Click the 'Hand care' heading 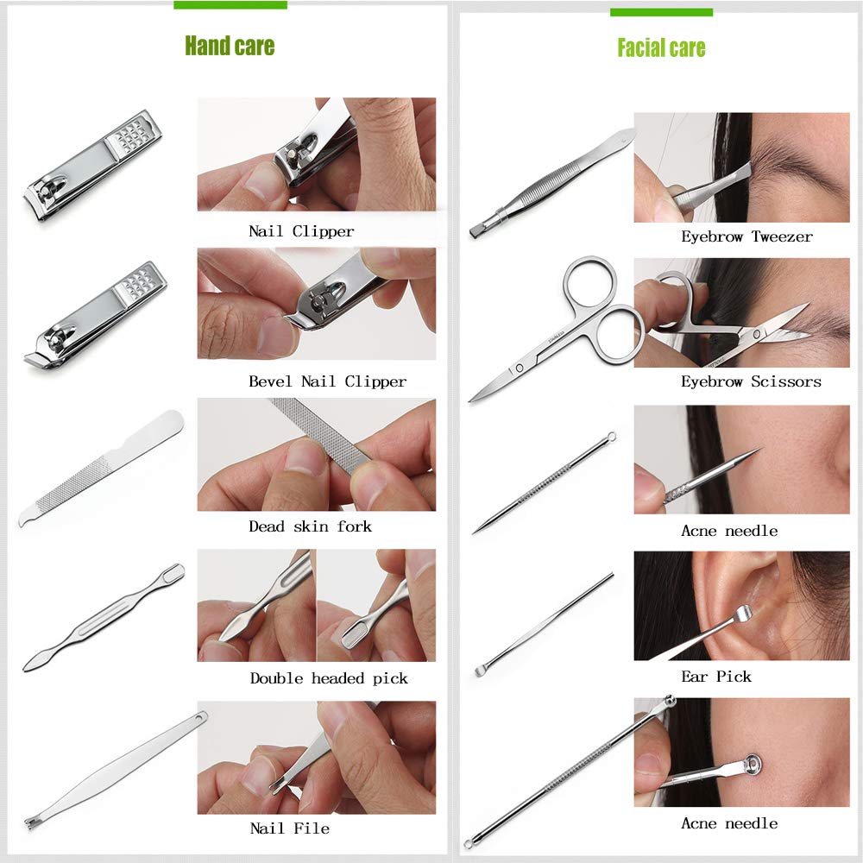230,46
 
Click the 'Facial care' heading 661,48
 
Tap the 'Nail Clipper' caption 301,231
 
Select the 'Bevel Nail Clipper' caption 327,381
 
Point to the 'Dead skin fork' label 310,526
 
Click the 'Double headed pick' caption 329,678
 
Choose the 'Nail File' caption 289,828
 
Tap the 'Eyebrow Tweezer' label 746,236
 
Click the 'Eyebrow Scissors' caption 751,381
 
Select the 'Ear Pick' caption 716,677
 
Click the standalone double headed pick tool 104,618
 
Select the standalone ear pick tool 544,624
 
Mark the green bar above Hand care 230,4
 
